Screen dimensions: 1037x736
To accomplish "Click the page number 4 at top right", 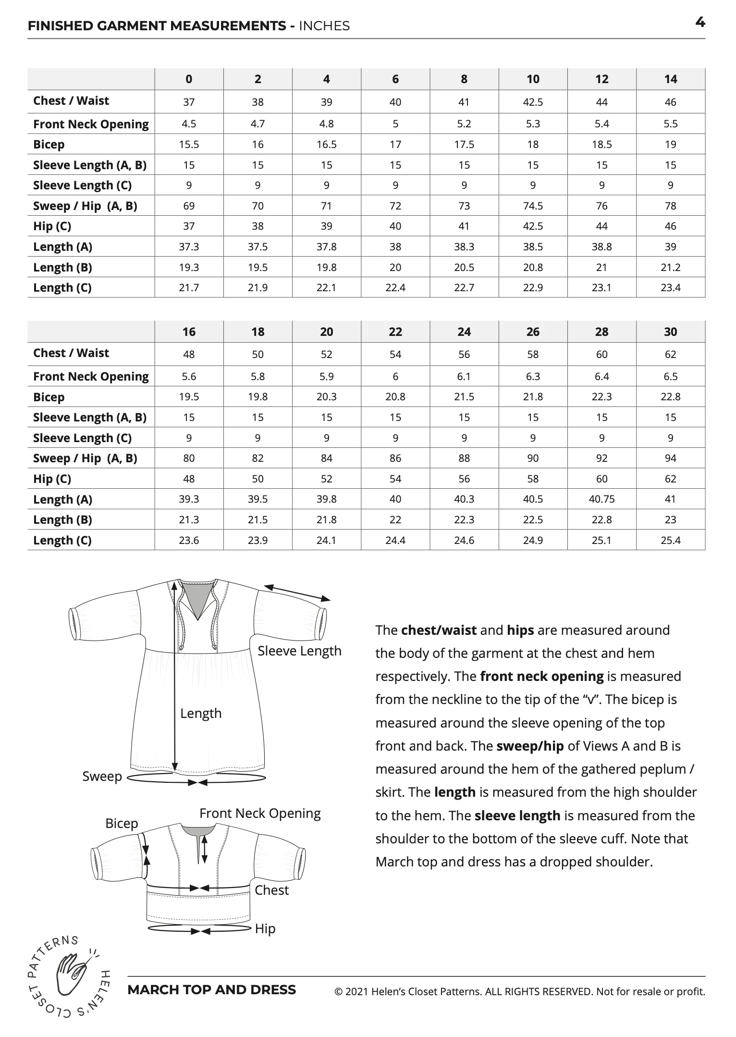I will (x=700, y=22).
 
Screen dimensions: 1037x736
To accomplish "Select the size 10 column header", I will (x=533, y=79).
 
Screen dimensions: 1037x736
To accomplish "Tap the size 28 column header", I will (x=601, y=332).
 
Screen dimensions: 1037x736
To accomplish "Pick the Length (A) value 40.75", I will (x=601, y=499).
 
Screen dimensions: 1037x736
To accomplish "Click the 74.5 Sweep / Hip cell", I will (x=533, y=206).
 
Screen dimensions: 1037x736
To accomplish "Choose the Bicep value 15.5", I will (x=189, y=144).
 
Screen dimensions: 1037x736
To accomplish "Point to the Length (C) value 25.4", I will (x=670, y=540).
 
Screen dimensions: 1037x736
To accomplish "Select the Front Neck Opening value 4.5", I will (x=189, y=123).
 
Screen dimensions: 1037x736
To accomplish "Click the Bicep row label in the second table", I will (x=49, y=397).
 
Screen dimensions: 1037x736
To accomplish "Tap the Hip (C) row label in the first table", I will (x=52, y=226).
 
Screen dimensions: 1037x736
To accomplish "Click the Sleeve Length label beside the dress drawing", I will (x=299, y=651).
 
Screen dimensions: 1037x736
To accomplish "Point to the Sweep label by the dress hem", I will (x=102, y=776).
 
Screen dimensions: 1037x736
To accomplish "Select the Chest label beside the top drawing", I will (x=271, y=890).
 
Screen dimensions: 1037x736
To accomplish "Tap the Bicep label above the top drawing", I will (x=122, y=823).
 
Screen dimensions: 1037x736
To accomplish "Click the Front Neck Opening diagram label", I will (x=260, y=813).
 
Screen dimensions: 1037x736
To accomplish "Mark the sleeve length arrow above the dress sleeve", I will (x=297, y=593).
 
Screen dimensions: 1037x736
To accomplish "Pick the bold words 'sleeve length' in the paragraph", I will (x=517, y=815).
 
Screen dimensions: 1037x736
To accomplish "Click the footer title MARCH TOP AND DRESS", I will (x=212, y=990).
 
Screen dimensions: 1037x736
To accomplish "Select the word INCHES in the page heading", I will (x=324, y=26).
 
